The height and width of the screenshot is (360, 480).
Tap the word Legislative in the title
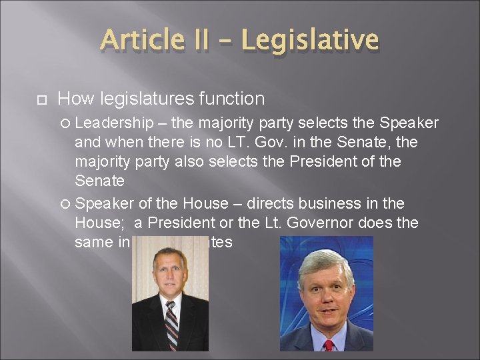310,41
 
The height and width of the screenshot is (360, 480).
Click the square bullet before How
41,99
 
